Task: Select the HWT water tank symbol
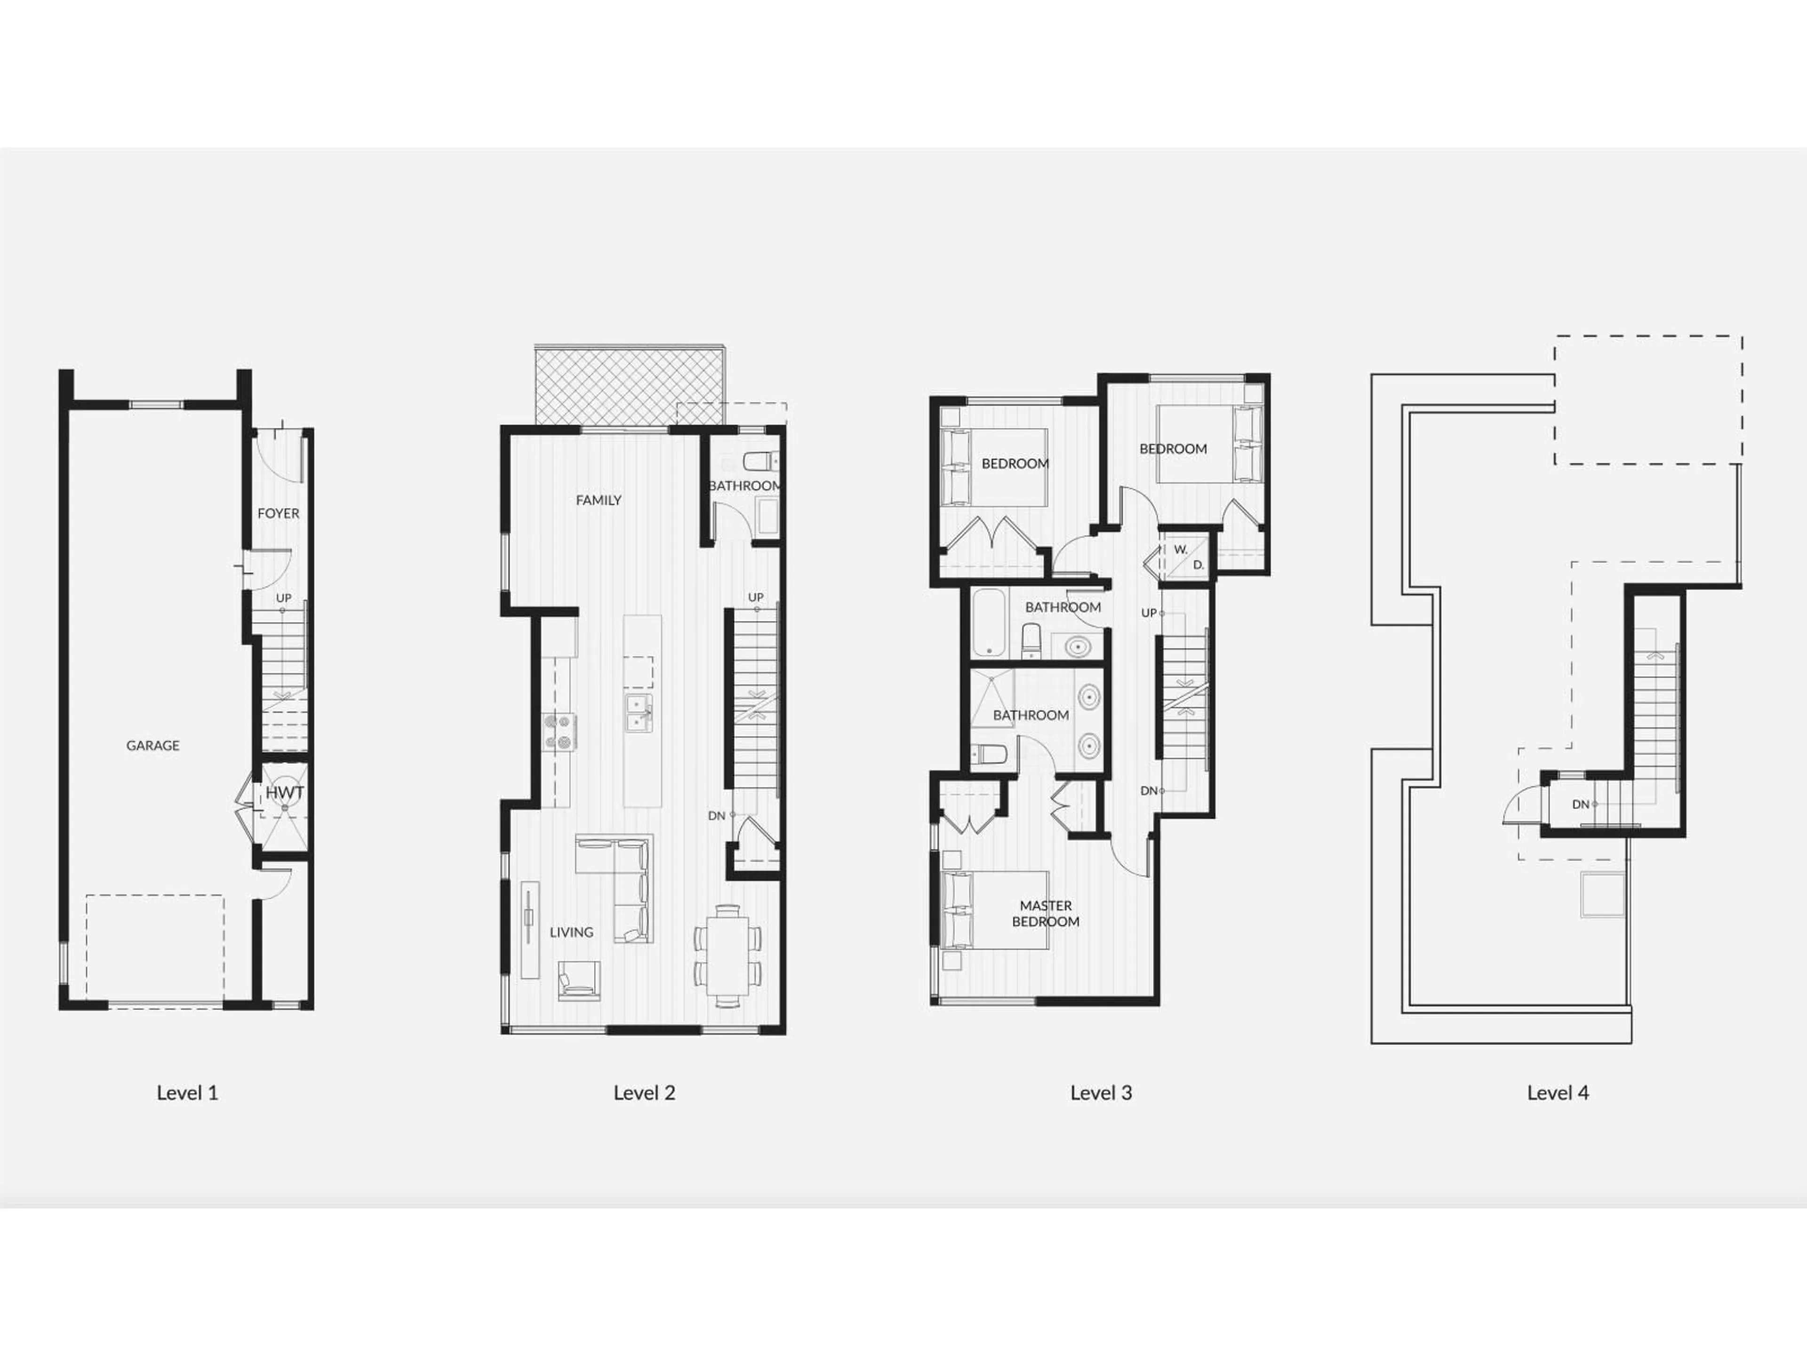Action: click(x=284, y=792)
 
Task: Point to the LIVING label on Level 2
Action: click(x=571, y=932)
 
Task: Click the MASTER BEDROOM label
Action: click(x=1046, y=913)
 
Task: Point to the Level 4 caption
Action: click(x=1558, y=1093)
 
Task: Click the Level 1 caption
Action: click(x=187, y=1093)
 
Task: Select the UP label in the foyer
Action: click(x=283, y=598)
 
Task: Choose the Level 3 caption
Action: click(x=1101, y=1093)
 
